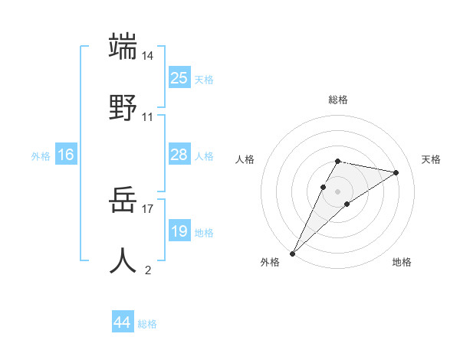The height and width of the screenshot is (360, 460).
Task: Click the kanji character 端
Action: click(123, 47)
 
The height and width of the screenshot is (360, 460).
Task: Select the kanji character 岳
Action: click(123, 201)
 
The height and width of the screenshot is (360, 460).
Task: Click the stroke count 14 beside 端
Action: click(148, 57)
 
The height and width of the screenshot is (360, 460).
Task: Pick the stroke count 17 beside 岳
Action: click(148, 208)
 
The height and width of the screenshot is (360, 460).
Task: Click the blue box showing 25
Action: click(179, 78)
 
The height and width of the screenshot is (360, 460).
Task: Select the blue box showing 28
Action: click(179, 155)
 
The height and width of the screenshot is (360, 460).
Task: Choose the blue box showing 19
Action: click(179, 231)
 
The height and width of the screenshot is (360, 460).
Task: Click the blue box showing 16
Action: click(66, 155)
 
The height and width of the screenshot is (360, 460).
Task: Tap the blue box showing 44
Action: click(123, 323)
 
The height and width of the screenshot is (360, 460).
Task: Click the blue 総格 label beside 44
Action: click(147, 324)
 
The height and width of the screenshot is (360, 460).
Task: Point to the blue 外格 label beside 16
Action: click(41, 155)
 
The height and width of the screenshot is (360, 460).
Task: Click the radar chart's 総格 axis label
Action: click(338, 100)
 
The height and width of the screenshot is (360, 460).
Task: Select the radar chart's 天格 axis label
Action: click(431, 159)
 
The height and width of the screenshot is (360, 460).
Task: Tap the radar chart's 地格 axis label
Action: click(402, 262)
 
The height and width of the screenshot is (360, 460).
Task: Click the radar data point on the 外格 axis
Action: click(293, 253)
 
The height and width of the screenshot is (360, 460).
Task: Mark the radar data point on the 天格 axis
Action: click(396, 172)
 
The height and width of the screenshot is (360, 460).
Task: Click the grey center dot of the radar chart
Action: click(338, 191)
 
